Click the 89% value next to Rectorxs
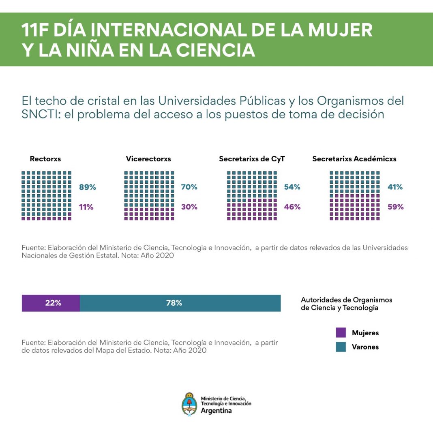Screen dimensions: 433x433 pyautogui.click(x=87, y=187)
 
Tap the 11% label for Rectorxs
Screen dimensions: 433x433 pyautogui.click(x=86, y=207)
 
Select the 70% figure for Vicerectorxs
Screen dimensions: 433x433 pyautogui.click(x=189, y=187)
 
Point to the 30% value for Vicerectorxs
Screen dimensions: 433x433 pyautogui.click(x=189, y=207)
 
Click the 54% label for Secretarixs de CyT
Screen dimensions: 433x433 pyautogui.click(x=292, y=187)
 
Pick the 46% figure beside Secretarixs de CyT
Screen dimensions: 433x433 pyautogui.click(x=292, y=207)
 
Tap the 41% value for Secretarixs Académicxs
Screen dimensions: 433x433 pyautogui.click(x=395, y=187)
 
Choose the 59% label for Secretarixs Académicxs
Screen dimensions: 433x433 pyautogui.click(x=395, y=207)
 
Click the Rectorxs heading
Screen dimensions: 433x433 pyautogui.click(x=45, y=159)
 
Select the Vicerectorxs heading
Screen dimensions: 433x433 pyautogui.click(x=148, y=159)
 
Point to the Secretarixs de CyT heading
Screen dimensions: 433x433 pyautogui.click(x=252, y=159)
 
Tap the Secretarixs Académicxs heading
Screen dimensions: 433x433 pyautogui.click(x=354, y=159)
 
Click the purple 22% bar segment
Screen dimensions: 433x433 pyautogui.click(x=51, y=303)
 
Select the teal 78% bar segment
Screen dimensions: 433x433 pyautogui.click(x=180, y=303)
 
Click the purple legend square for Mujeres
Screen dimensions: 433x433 pyautogui.click(x=341, y=333)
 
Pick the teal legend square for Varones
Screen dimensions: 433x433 pyautogui.click(x=341, y=347)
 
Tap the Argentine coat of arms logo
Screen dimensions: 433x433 pyautogui.click(x=189, y=403)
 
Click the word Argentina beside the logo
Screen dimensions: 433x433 pyautogui.click(x=216, y=410)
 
